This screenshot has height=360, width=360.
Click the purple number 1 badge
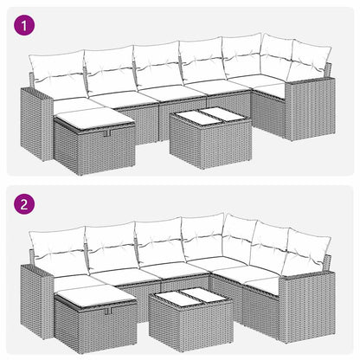[26, 26]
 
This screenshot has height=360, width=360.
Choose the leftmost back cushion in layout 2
[58, 248]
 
